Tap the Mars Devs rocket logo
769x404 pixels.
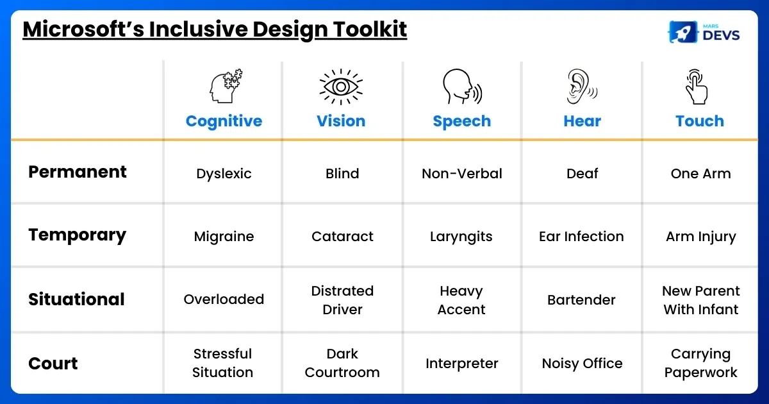click(683, 32)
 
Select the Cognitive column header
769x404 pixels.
click(224, 121)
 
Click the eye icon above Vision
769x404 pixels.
click(341, 87)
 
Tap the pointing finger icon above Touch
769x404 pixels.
click(697, 87)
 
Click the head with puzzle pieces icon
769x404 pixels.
click(226, 86)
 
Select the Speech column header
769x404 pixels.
click(462, 121)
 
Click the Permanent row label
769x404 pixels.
click(78, 172)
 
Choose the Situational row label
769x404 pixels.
click(76, 299)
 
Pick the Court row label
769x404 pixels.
click(53, 364)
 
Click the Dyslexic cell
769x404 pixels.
click(224, 174)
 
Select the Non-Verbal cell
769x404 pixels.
click(462, 174)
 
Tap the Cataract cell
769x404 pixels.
click(342, 237)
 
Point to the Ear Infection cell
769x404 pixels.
click(581, 237)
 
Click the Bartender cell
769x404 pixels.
click(581, 300)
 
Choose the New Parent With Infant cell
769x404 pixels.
click(700, 300)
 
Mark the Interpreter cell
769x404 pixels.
click(462, 364)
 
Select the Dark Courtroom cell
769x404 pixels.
click(342, 363)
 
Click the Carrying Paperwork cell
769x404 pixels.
click(700, 363)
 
